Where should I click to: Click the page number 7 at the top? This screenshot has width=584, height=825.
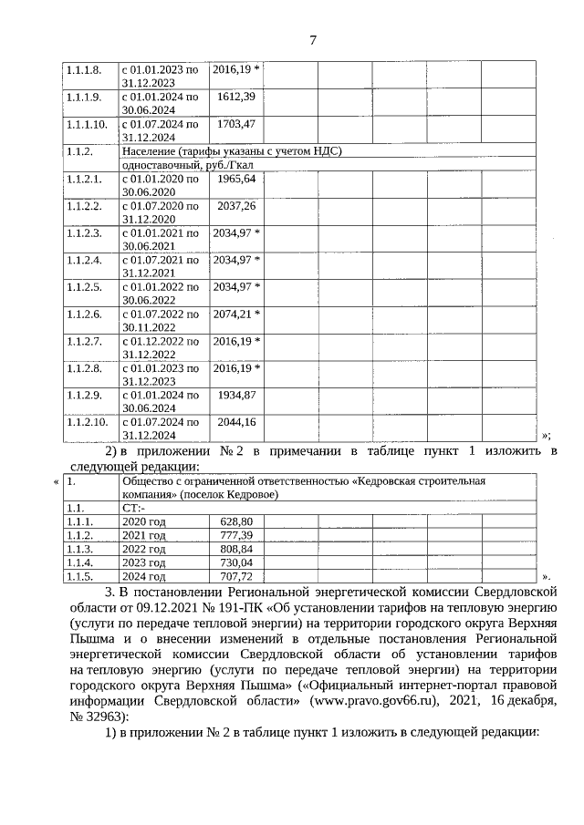[x=313, y=40]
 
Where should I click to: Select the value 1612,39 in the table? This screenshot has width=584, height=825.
[x=236, y=96]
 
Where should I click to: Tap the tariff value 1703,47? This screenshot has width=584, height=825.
[x=236, y=123]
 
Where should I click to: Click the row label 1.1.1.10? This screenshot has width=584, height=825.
[x=88, y=123]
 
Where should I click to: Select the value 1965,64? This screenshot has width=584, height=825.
[x=236, y=179]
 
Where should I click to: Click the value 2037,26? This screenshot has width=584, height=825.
[x=236, y=206]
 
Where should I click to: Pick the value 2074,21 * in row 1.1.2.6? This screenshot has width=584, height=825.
[x=236, y=315]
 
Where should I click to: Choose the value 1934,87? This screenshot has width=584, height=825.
[x=236, y=396]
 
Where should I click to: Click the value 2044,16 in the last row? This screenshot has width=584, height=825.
[x=236, y=423]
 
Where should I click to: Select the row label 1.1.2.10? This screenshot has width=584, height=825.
[x=88, y=423]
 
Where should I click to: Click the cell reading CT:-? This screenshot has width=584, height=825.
[x=133, y=507]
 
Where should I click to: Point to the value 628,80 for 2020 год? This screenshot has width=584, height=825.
[x=235, y=521]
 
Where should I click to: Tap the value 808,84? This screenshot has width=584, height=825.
[x=235, y=550]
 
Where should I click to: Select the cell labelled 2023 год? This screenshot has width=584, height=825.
[x=143, y=563]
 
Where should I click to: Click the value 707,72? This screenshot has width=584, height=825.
[x=235, y=577]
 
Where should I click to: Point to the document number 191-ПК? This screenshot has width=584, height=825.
[x=252, y=608]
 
